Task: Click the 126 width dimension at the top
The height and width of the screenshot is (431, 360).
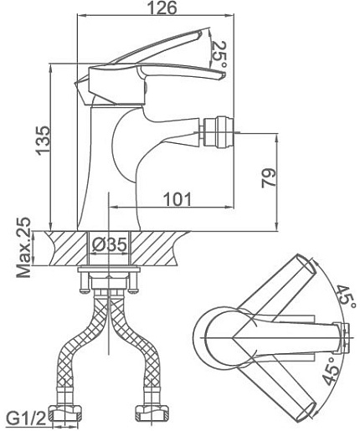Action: pos(162,8)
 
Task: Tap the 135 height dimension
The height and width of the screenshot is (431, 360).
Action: pos(43,141)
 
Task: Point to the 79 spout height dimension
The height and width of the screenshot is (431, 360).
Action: pos(269,178)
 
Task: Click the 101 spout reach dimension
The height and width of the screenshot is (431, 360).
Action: pos(177,199)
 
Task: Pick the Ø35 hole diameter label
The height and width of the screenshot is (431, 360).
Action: pos(110,244)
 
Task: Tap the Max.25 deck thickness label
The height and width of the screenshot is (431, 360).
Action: pos(23,248)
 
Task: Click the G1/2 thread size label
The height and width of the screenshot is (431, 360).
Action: pos(26,419)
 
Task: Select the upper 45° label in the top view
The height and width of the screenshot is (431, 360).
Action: pos(346,296)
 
